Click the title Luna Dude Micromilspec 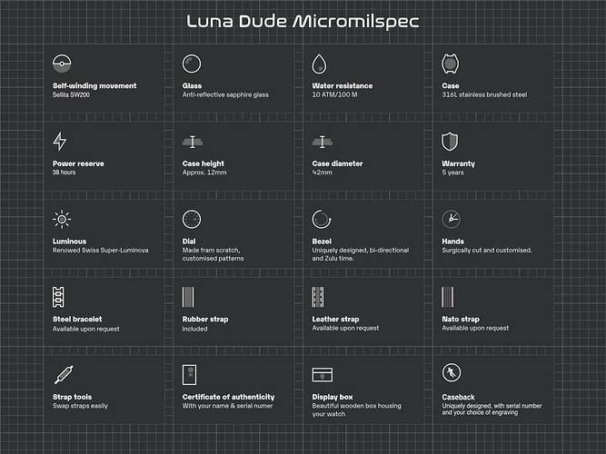pos(303,21)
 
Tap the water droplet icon pos(320,64)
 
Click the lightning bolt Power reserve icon pos(60,141)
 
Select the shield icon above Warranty pos(449,141)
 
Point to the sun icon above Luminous pos(61,219)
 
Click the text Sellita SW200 pos(75,94)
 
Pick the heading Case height pos(203,163)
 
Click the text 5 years pos(453,173)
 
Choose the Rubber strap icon pos(190,296)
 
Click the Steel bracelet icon pos(60,296)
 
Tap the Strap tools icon pos(62,373)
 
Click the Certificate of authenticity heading pos(228,397)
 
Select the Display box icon pos(321,374)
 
